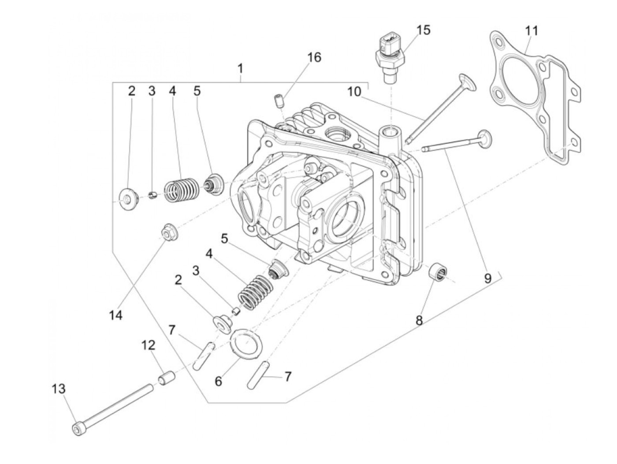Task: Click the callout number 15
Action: [423, 30]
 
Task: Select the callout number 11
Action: [532, 31]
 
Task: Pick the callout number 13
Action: [59, 389]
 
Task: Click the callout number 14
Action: [116, 315]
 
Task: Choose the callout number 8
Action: [419, 321]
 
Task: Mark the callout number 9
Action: [487, 278]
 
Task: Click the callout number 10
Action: [354, 91]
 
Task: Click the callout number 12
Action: [148, 345]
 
